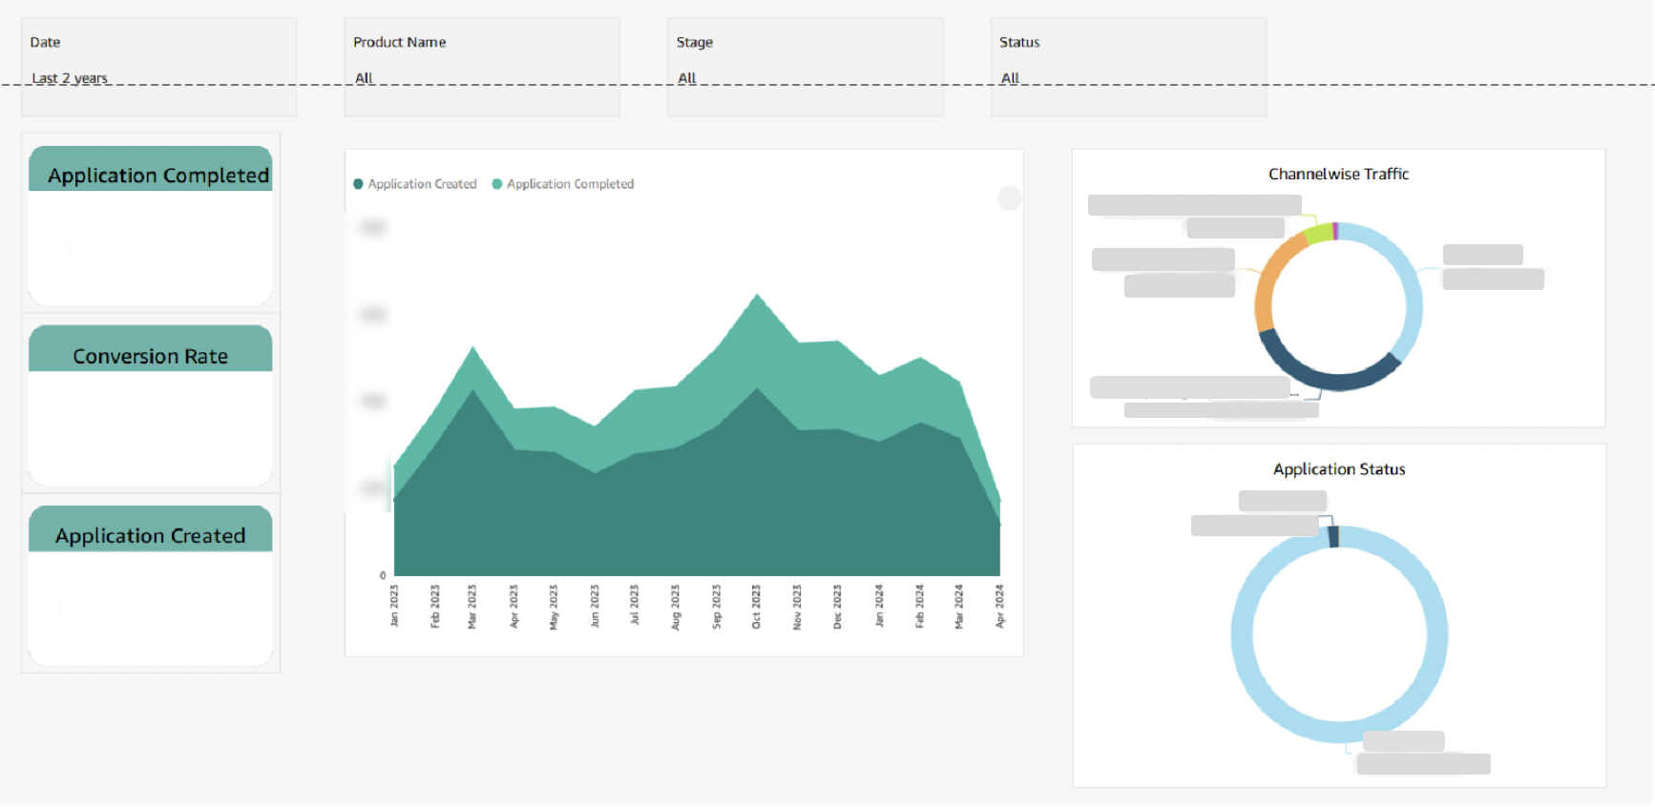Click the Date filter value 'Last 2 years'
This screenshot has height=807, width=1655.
70,78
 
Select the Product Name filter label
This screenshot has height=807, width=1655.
399,42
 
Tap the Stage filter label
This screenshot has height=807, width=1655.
694,42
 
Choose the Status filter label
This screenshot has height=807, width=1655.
1018,42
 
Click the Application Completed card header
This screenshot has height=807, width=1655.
158,176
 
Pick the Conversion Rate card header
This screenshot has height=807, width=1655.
151,356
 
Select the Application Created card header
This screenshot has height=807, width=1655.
151,536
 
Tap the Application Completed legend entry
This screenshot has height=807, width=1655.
569,184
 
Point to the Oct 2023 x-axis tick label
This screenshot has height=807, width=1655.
756,607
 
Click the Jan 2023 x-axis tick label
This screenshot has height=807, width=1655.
394,606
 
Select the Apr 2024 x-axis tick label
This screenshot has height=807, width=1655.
999,606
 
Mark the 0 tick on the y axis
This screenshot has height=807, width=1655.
383,575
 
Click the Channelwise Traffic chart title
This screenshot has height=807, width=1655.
1338,174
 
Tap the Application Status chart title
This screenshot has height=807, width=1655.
1338,469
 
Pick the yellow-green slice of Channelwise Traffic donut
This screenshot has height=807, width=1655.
1318,233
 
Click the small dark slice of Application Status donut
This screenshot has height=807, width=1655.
1333,537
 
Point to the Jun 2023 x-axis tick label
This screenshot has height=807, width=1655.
595,606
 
